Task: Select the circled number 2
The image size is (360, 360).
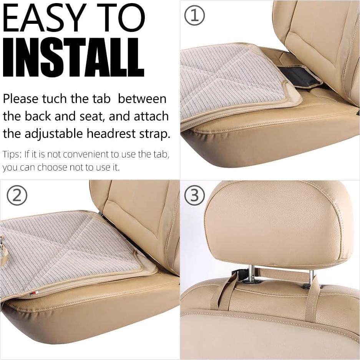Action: [x=17, y=196]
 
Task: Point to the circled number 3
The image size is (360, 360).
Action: [x=194, y=196]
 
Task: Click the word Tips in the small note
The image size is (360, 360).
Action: [x=12, y=154]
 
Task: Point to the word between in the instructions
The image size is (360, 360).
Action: [x=142, y=99]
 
